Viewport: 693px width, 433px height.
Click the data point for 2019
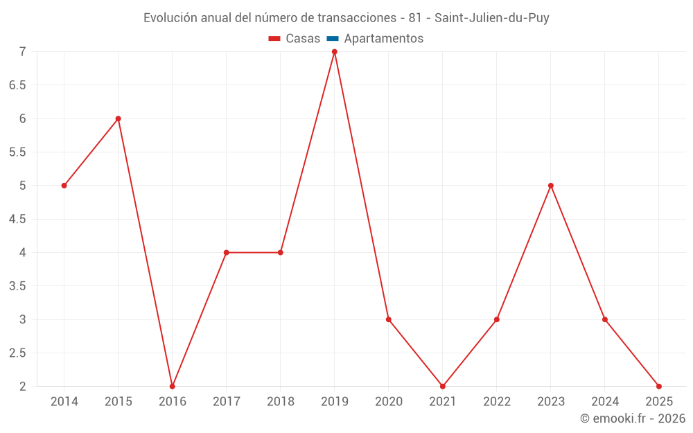[334, 52]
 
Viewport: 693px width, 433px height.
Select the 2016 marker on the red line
[172, 387]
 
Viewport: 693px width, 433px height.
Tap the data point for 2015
[118, 118]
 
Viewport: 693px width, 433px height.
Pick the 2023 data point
[551, 186]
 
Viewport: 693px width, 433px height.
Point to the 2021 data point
[442, 387]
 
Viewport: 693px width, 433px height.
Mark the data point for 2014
[64, 186]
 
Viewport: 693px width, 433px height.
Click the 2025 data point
[659, 387]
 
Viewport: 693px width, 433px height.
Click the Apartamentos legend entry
[383, 39]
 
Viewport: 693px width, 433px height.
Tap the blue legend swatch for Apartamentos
[332, 39]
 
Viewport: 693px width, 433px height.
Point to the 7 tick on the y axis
[22, 52]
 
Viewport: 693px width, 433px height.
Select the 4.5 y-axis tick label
[17, 219]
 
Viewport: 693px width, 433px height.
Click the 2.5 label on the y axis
[17, 353]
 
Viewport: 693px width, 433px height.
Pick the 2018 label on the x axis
[280, 402]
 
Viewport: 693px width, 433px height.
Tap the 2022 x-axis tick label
[497, 402]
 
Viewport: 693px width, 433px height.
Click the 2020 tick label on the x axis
[388, 402]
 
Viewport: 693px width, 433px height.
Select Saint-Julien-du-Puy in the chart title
[492, 18]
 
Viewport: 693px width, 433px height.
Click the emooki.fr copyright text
[633, 418]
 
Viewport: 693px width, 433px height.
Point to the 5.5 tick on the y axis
[17, 152]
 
